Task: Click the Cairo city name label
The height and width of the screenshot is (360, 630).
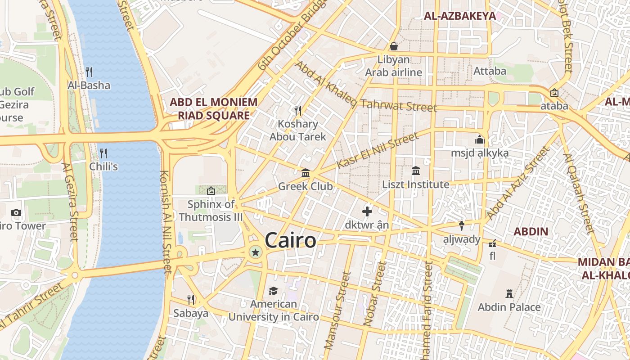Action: coord(290,240)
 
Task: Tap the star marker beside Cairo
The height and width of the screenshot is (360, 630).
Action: coord(256,252)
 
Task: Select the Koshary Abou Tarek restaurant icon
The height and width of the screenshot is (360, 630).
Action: coord(297,110)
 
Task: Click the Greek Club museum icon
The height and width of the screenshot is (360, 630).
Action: coord(306,173)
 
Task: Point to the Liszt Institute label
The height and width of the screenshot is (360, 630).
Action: coord(415,184)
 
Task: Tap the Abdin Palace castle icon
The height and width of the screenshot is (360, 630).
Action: coord(509,294)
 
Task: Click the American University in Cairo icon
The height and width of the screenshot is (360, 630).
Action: coord(273,291)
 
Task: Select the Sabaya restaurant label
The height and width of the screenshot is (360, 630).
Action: coord(191,313)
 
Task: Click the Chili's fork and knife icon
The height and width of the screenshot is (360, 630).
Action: coord(103,153)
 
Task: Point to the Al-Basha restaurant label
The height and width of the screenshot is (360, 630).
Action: coord(89,85)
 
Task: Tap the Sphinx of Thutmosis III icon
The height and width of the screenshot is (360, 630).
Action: coord(211,191)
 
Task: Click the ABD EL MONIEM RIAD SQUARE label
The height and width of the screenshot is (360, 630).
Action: coord(213,108)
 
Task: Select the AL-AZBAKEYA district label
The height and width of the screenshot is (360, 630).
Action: coord(459,16)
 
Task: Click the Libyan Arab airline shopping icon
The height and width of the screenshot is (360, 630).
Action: coord(393,46)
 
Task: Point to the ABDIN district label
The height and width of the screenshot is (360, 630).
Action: coord(531,232)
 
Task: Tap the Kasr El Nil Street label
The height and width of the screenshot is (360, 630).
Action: coord(377,151)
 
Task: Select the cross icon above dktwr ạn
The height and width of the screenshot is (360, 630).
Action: coord(367,211)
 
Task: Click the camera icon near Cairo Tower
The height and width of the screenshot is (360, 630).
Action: coord(16,212)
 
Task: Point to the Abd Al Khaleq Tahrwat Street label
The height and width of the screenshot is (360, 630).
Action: coord(365,87)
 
